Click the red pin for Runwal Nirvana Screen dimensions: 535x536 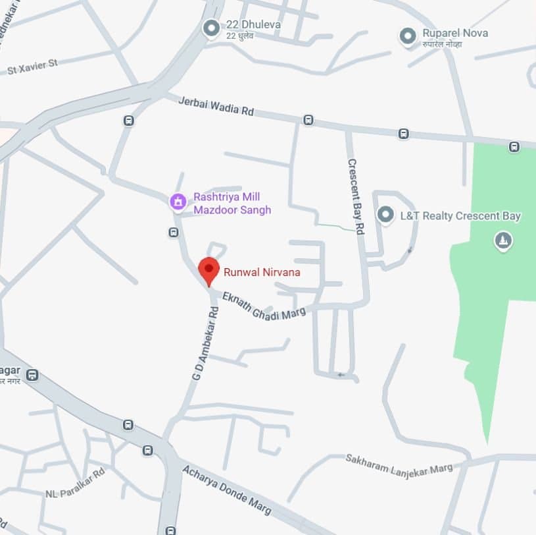[x=209, y=269]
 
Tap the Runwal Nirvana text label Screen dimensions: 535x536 [x=262, y=271]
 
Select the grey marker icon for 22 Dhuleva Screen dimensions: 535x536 [x=211, y=28]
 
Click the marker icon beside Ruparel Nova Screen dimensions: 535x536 [x=408, y=35]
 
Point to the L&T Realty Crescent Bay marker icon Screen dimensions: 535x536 [x=385, y=215]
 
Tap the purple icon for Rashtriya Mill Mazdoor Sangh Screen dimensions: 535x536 [x=178, y=201]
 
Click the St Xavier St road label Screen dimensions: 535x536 [x=32, y=67]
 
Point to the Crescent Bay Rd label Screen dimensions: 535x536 [x=356, y=196]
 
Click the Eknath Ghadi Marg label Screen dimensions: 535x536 [x=264, y=306]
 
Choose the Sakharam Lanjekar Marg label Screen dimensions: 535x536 [x=399, y=463]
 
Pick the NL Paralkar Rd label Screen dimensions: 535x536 [x=75, y=483]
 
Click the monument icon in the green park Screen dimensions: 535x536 [x=503, y=241]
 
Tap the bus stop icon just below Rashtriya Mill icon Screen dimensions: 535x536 [x=173, y=232]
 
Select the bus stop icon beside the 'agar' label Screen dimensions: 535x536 [x=32, y=376]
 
